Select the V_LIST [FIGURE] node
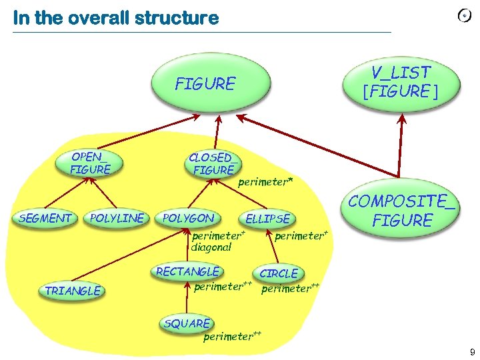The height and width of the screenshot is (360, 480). pos(401,82)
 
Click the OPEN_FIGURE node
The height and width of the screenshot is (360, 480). pos(91,163)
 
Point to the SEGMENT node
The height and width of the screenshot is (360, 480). pos(45,218)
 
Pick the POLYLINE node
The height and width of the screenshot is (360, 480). pos(117,218)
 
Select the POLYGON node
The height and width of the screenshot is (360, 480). pos(189,218)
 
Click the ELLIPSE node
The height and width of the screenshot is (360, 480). pos(268,219)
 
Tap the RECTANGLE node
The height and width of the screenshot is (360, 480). pos(187,271)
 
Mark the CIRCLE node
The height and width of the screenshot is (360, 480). pos(279,273)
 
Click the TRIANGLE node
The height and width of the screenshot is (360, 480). pos(73,291)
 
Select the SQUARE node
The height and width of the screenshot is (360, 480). pos(187,323)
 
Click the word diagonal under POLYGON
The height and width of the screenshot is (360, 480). pos(211,247)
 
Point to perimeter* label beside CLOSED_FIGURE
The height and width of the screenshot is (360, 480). pos(265,181)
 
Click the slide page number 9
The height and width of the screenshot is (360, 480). pos(472,352)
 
